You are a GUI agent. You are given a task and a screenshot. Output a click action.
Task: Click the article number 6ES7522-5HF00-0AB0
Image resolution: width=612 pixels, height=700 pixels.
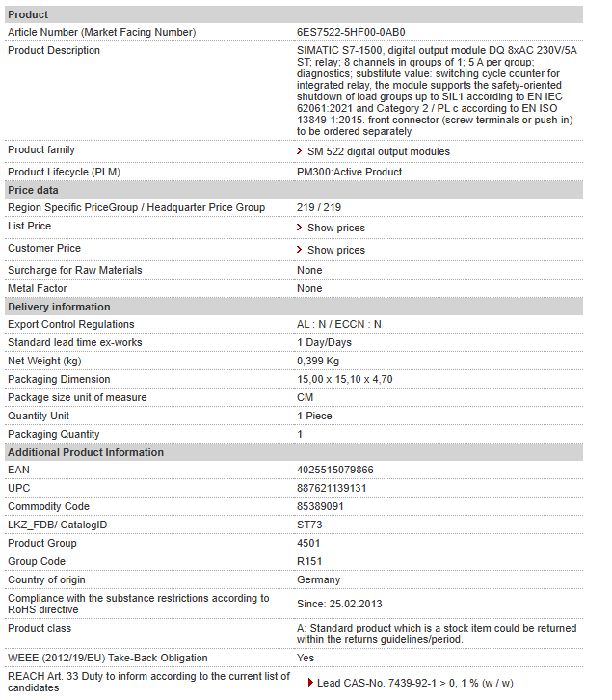[351, 33]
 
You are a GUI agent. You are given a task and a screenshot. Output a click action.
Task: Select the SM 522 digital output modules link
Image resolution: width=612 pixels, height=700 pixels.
[378, 151]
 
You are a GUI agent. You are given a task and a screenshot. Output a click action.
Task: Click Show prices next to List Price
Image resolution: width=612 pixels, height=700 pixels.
[335, 228]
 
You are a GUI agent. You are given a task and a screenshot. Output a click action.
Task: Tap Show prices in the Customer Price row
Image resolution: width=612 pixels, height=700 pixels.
[335, 250]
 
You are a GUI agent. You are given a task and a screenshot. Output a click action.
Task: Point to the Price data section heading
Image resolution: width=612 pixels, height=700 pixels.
[33, 191]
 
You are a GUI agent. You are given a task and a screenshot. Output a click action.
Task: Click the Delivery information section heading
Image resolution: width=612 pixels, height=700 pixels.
[59, 307]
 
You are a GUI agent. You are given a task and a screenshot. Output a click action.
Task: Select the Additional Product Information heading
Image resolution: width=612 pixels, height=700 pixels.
[86, 452]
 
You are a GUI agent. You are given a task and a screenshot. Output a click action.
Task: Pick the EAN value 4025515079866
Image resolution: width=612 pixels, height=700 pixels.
[335, 471]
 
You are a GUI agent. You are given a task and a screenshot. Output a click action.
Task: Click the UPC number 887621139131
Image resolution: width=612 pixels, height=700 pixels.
[332, 489]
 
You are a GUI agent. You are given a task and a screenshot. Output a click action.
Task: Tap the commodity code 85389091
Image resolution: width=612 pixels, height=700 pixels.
[320, 507]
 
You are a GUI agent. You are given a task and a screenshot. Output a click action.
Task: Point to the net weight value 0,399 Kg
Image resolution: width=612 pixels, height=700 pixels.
[318, 361]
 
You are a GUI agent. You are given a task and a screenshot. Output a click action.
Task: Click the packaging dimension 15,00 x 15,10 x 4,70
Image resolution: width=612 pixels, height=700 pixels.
[344, 379]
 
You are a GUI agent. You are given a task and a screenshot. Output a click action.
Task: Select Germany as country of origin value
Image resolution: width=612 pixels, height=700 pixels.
[318, 580]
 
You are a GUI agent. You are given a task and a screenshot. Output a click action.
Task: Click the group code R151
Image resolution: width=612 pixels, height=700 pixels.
[310, 562]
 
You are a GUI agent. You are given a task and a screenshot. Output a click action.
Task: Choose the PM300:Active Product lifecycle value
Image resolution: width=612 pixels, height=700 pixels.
[349, 172]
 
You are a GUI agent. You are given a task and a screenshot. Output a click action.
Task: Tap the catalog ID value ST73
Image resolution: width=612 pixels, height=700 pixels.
[309, 525]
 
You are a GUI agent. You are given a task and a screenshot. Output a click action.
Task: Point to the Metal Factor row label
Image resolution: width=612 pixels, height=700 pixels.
[37, 288]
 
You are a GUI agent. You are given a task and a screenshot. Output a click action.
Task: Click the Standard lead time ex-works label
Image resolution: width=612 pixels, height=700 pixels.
[74, 342]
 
